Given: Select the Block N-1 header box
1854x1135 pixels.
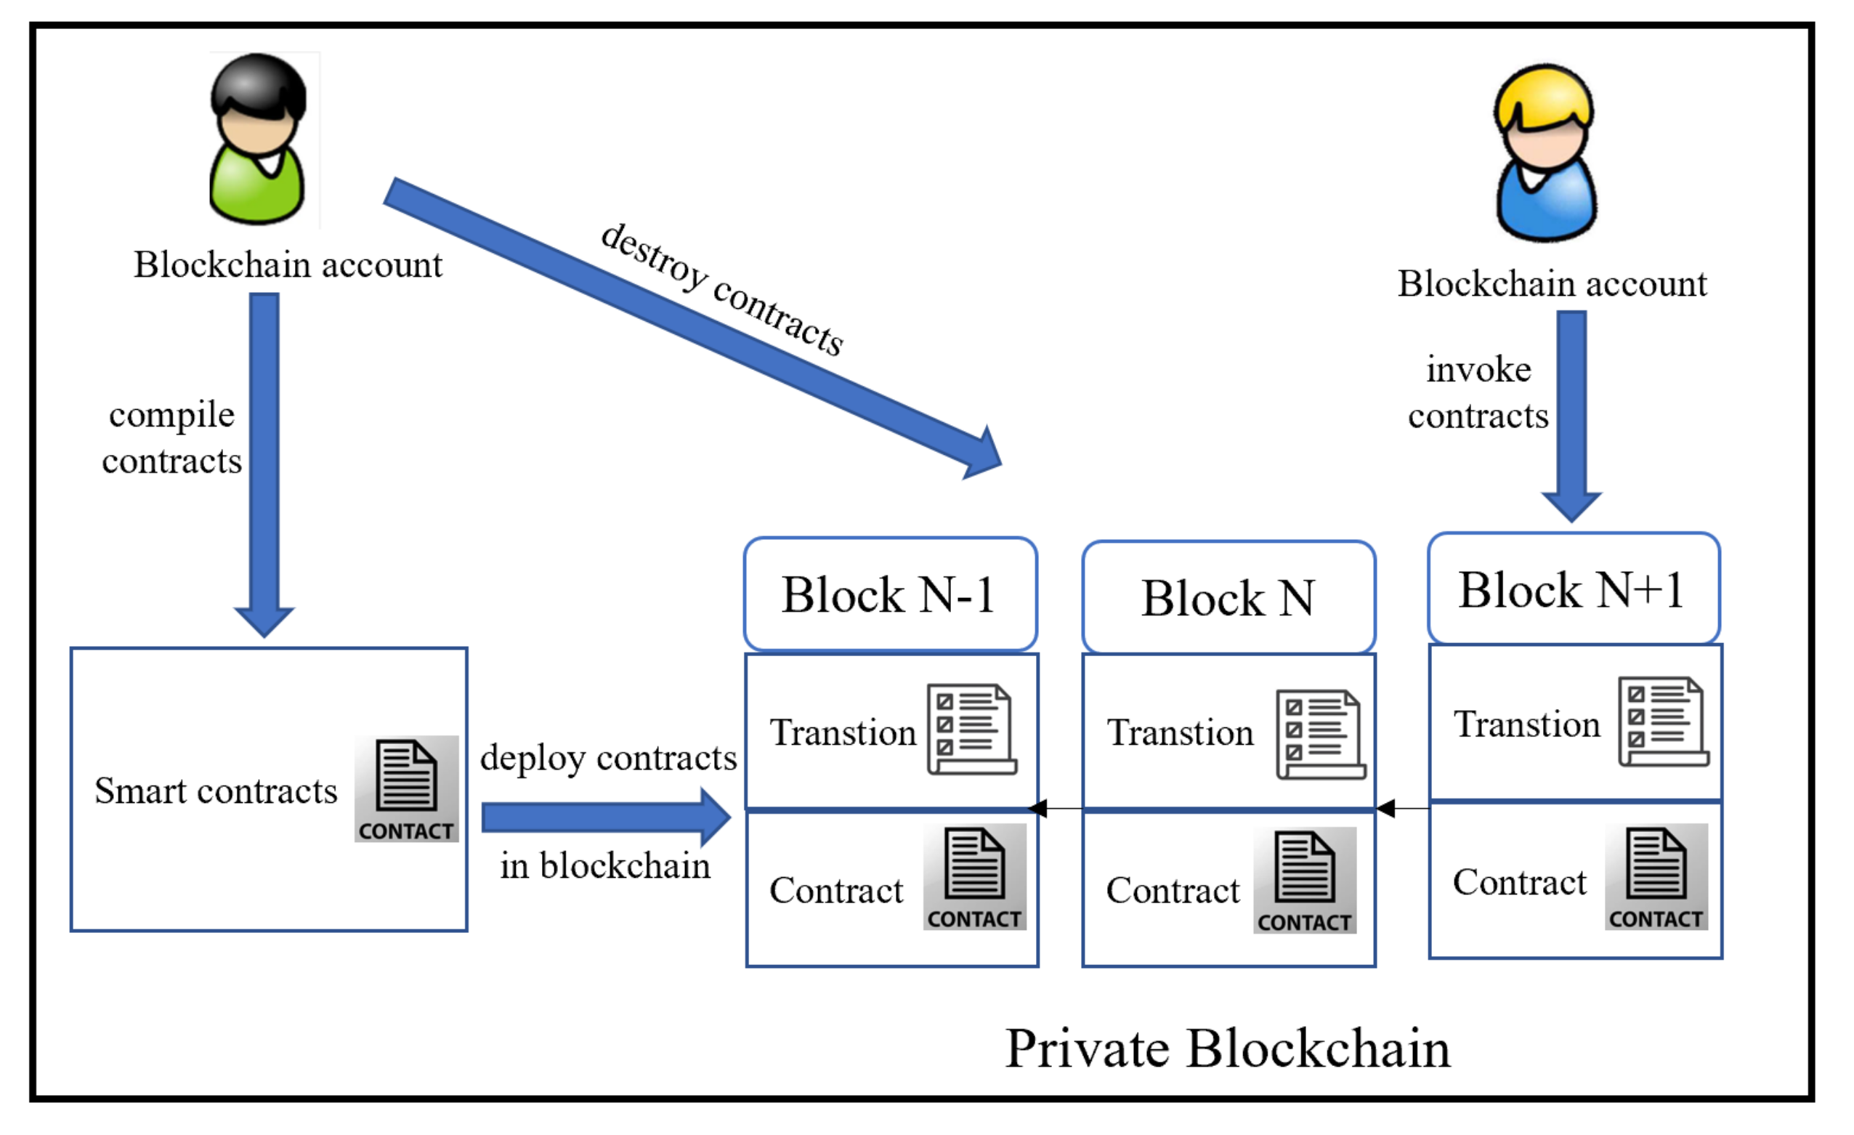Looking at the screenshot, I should [x=891, y=594].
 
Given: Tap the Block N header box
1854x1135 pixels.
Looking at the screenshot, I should [x=1228, y=598].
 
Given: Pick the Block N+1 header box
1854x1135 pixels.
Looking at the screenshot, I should [x=1574, y=589].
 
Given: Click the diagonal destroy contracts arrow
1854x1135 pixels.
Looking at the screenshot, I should [x=692, y=328].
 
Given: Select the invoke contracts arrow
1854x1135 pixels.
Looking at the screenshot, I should [x=1572, y=414].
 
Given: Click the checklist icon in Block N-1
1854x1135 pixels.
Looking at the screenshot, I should [x=971, y=730].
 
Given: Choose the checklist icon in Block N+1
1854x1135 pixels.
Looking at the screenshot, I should [x=1664, y=722].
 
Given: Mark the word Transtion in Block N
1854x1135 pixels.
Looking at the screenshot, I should [x=1180, y=733].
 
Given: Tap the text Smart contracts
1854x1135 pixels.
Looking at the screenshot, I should [x=216, y=791].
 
